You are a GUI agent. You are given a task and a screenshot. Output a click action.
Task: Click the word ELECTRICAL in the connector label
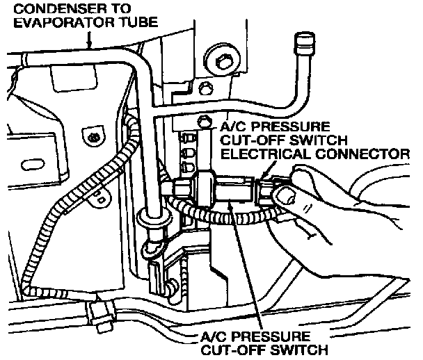[266, 154]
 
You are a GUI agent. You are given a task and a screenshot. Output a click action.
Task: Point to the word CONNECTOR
[362, 154]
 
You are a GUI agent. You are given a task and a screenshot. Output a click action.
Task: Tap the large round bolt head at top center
[222, 63]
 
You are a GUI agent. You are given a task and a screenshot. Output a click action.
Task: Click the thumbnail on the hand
[285, 195]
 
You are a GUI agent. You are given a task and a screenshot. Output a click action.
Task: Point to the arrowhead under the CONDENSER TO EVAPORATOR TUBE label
[89, 44]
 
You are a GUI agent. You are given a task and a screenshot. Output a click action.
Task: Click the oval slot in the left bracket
[31, 165]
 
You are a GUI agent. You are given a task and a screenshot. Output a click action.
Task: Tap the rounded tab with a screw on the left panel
[93, 136]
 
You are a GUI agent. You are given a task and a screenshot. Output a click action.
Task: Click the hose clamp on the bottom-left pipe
[100, 316]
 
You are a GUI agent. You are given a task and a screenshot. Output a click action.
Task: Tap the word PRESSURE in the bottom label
[271, 336]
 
